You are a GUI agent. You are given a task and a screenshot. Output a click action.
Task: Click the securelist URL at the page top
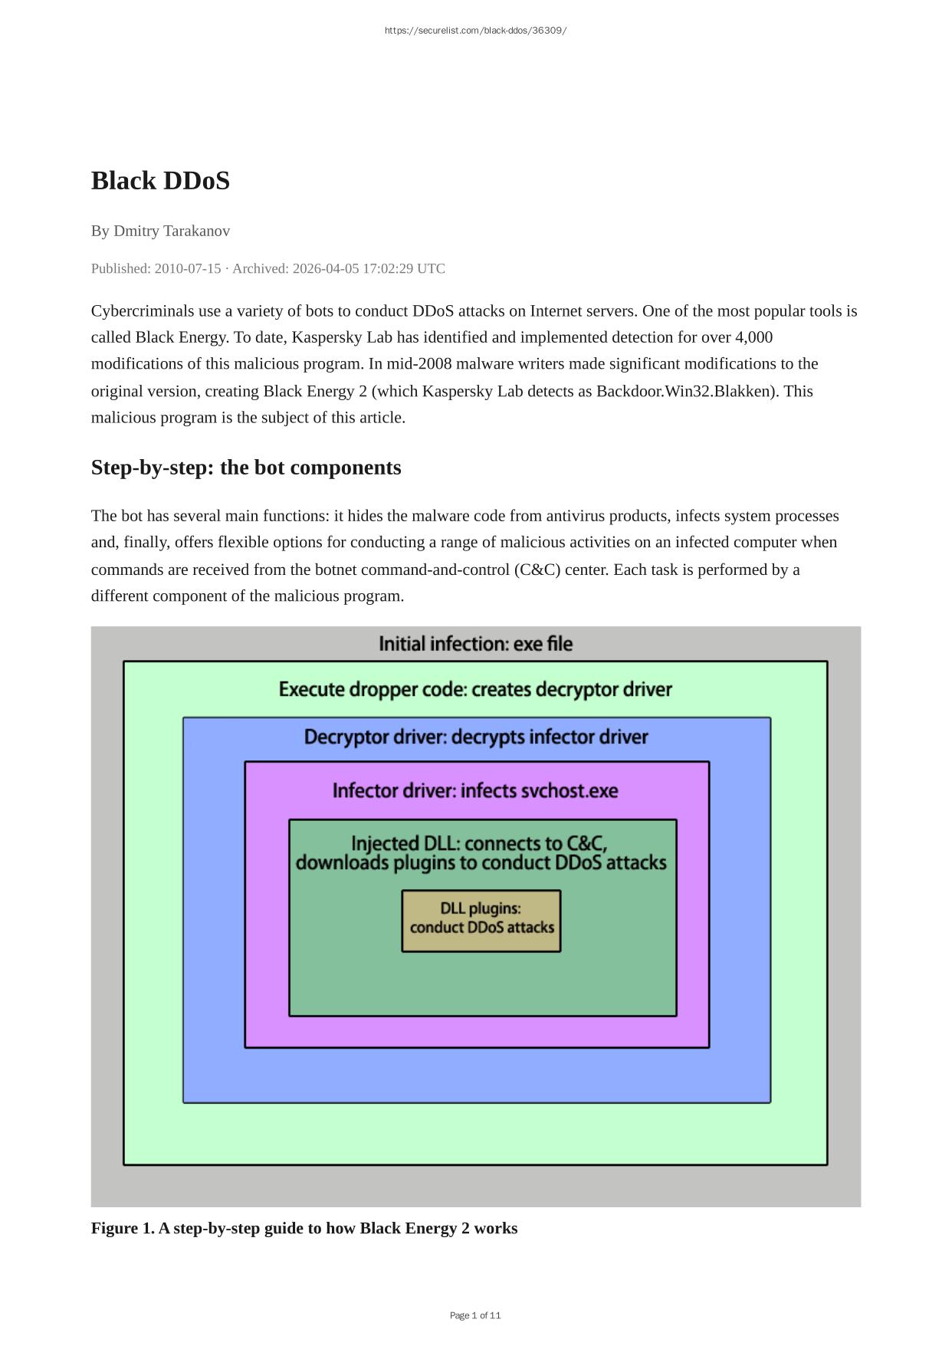point(475,31)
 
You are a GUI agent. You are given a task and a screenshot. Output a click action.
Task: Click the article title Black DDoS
point(160,181)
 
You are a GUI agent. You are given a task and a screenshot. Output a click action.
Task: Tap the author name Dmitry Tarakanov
point(172,231)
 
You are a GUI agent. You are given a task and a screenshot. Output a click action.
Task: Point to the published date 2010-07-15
point(187,268)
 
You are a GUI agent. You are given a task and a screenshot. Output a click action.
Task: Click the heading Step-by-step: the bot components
point(246,468)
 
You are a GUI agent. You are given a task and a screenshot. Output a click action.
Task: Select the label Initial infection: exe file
point(475,644)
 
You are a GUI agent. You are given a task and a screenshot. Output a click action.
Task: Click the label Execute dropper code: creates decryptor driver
point(475,689)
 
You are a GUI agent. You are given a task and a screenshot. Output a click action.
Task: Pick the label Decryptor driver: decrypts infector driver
point(475,737)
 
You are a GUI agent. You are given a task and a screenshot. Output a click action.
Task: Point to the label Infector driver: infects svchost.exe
point(475,790)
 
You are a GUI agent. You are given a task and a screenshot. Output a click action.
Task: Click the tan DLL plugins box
point(481,921)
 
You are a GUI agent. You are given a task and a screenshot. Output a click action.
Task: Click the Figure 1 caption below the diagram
point(304,1228)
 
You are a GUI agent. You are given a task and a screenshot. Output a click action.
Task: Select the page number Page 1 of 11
point(475,1315)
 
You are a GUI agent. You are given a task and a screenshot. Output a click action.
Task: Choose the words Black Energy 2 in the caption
point(415,1228)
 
